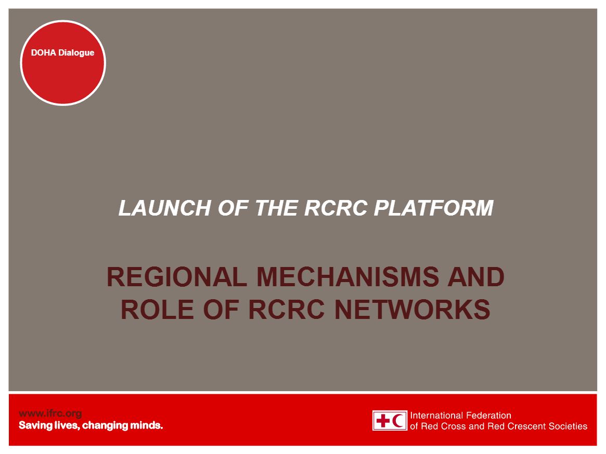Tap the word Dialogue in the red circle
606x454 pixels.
point(76,53)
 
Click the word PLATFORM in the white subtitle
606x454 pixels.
point(433,208)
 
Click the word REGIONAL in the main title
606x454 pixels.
point(176,277)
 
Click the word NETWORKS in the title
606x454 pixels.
point(412,310)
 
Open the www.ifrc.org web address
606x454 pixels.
point(50,414)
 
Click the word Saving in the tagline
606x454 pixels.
point(34,426)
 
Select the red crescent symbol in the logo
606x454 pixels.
point(399,421)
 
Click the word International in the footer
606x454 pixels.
point(436,416)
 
